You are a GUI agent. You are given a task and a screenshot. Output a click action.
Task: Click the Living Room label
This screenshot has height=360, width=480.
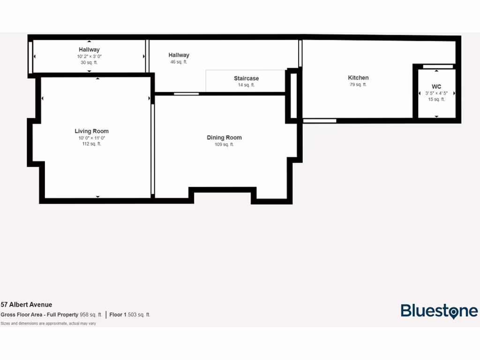click(91, 131)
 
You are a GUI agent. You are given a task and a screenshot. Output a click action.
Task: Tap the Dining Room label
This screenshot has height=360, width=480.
click(224, 138)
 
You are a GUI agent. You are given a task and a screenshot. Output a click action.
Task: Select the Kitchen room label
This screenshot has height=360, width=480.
click(358, 78)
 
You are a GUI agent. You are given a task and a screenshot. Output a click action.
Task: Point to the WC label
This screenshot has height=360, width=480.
click(436, 87)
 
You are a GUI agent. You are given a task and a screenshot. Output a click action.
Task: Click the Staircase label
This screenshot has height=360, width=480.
click(246, 79)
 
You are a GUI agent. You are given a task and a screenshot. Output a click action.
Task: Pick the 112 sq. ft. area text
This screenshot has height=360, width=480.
click(91, 144)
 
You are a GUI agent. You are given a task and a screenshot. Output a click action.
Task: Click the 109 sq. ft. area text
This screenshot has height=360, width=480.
click(224, 145)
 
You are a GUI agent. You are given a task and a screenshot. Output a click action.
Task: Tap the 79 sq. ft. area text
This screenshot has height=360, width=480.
click(358, 85)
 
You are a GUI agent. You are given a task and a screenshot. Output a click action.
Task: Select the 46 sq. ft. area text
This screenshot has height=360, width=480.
click(179, 62)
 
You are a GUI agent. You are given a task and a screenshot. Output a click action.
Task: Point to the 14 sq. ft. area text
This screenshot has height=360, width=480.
click(246, 85)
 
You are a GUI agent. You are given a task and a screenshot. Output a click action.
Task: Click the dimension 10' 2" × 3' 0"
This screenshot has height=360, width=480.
click(89, 56)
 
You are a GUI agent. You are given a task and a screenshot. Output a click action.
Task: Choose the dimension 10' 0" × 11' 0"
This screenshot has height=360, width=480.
click(91, 138)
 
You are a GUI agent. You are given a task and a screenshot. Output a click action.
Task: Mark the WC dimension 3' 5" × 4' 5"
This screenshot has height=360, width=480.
click(436, 93)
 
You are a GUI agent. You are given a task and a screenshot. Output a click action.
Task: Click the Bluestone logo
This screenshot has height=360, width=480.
click(439, 311)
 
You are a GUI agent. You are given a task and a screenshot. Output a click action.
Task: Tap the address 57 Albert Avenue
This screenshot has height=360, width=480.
click(26, 305)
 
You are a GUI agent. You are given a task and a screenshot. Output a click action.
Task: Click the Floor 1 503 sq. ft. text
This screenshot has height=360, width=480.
click(130, 315)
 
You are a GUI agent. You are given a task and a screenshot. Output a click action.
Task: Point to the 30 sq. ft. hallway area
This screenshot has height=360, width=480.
click(89, 62)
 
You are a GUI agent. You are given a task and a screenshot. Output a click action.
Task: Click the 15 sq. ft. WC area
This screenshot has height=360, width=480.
click(436, 99)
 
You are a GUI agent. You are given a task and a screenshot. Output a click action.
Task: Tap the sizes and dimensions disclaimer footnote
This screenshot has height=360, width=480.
click(48, 323)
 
